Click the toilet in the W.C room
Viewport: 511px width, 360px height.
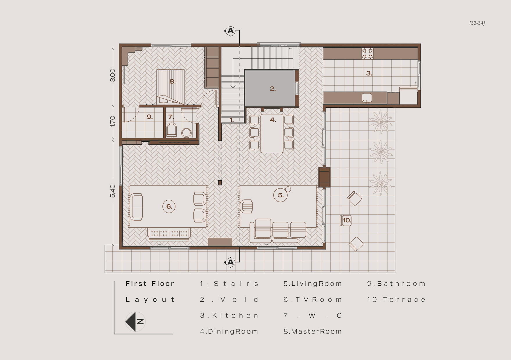pyautogui.click(x=172, y=130)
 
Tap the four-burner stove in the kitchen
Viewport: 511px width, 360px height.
pyautogui.click(x=367, y=54)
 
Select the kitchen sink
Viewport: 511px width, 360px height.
pyautogui.click(x=367, y=98)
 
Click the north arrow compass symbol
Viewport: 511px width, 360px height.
pyautogui.click(x=135, y=322)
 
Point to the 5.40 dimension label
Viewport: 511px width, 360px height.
pyautogui.click(x=113, y=191)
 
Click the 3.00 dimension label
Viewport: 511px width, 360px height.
pyautogui.click(x=113, y=75)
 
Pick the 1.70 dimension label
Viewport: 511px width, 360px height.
pyautogui.click(x=113, y=121)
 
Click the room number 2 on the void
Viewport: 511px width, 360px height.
pyautogui.click(x=272, y=89)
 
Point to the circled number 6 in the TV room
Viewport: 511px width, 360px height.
pyautogui.click(x=169, y=207)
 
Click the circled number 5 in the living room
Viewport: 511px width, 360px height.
pyautogui.click(x=281, y=195)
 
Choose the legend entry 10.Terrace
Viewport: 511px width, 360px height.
pyautogui.click(x=396, y=300)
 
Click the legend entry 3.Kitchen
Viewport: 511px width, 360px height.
pyautogui.click(x=229, y=316)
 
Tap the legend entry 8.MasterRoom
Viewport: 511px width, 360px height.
pyautogui.click(x=313, y=332)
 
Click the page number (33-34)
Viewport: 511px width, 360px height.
pyautogui.click(x=477, y=23)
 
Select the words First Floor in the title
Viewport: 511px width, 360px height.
pyautogui.click(x=150, y=284)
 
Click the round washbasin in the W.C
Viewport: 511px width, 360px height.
pyautogui.click(x=186, y=133)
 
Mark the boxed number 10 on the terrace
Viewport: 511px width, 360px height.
pyautogui.click(x=346, y=220)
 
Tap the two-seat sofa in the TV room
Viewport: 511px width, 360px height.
pyautogui.click(x=136, y=207)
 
